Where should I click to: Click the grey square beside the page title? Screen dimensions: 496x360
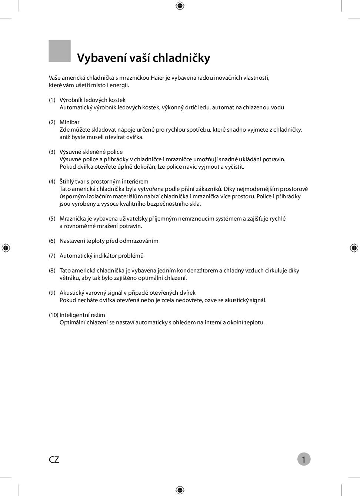[60, 51]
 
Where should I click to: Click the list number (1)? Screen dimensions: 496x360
[52, 100]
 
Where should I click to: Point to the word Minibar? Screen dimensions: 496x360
[69, 122]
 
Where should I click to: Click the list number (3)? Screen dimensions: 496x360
[52, 152]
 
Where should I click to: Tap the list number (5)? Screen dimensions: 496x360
[52, 219]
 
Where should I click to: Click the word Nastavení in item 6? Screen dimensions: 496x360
[72, 241]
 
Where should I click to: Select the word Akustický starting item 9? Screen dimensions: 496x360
[71, 293]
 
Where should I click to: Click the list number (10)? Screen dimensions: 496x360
[53, 315]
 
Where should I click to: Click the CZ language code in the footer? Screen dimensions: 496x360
[54, 460]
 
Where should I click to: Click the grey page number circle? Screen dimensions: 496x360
[304, 459]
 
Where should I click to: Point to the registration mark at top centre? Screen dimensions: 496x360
[180, 6]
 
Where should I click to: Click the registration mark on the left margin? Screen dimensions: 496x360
[6, 248]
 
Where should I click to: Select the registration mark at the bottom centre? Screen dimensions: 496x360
[180, 490]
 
